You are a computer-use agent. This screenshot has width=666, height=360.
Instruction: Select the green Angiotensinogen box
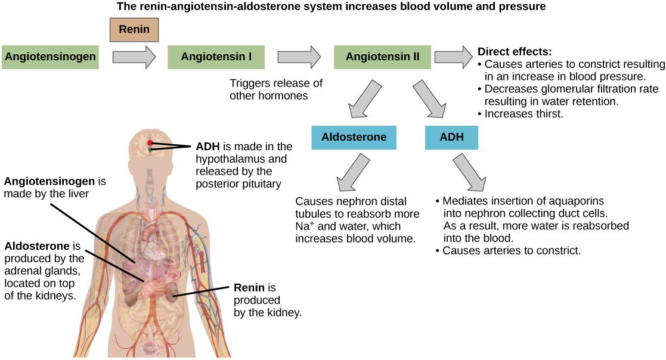click(x=50, y=57)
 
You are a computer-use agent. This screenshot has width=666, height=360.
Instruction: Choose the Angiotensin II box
click(x=382, y=57)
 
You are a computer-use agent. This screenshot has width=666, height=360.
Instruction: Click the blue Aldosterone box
click(x=354, y=137)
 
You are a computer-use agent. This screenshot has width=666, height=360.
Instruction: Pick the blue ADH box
click(x=451, y=137)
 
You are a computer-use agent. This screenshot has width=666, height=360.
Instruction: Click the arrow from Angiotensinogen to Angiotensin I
click(x=134, y=57)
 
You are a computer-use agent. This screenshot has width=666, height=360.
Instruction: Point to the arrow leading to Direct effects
click(x=453, y=57)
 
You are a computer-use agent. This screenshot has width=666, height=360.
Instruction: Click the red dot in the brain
click(x=150, y=143)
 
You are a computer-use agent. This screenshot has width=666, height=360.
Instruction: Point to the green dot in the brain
click(x=150, y=150)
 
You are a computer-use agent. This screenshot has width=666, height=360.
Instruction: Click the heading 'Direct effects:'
click(x=515, y=51)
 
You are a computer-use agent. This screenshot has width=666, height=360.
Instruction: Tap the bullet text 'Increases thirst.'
click(x=523, y=113)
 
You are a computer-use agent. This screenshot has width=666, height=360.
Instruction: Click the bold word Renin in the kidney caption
click(x=249, y=288)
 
